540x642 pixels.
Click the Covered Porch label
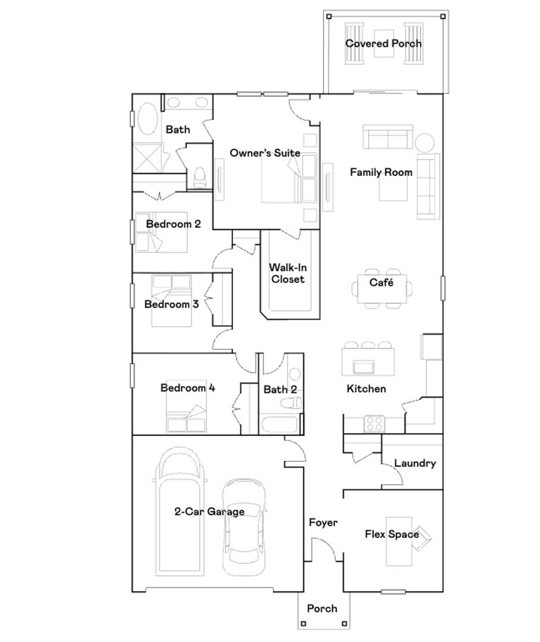coord(383,43)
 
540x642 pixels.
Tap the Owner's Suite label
coord(265,153)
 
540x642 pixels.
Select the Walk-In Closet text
coord(288,273)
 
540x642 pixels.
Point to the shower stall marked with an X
coord(146,158)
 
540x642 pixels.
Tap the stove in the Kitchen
coord(373,423)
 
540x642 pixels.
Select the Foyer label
coord(323,523)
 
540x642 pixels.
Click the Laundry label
coord(415,463)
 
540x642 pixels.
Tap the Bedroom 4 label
coord(187,388)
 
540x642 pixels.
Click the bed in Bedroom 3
coord(171,300)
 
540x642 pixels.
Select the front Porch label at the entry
coord(322,608)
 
